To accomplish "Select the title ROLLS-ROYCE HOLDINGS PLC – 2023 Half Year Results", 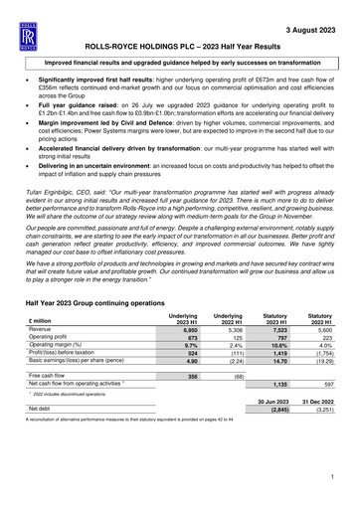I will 179,47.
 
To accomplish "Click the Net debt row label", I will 47,435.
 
